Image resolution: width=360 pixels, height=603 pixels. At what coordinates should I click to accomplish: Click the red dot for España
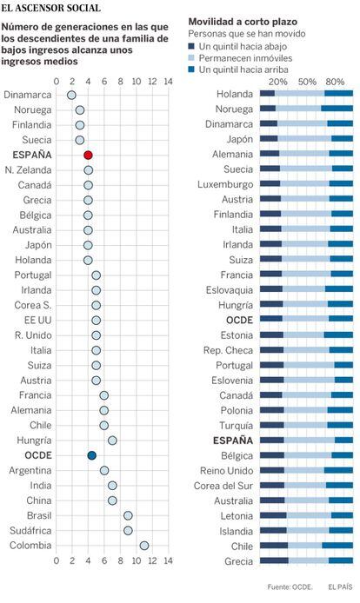[88, 155]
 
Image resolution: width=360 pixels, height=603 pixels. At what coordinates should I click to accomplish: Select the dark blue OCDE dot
[91, 455]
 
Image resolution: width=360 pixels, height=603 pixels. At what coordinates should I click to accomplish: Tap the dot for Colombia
[144, 546]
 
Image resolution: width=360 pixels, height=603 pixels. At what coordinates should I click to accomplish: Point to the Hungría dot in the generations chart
[112, 441]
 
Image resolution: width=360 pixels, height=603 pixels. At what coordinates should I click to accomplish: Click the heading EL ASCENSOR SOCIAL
[50, 8]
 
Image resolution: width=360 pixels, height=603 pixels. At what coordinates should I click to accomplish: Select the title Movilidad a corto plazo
[243, 22]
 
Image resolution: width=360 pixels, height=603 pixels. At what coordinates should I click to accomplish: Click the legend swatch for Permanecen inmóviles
[191, 58]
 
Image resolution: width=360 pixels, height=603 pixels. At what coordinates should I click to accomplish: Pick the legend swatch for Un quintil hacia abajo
[191, 47]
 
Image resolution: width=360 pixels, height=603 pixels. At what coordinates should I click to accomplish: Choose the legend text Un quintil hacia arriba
[243, 70]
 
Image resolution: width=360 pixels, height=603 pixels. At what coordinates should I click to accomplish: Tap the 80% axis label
[335, 82]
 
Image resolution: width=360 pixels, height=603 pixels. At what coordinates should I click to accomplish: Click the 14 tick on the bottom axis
[168, 560]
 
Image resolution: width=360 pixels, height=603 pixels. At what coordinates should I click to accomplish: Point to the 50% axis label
[307, 82]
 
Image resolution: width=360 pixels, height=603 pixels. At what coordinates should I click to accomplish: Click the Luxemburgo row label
[225, 184]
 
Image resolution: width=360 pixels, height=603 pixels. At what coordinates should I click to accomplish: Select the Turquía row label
[237, 426]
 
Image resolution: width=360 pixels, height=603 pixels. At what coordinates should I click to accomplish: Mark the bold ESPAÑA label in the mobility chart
[233, 441]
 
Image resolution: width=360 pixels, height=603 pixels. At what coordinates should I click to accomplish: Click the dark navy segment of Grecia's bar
[274, 560]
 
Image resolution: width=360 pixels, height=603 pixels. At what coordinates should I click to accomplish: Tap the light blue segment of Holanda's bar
[299, 94]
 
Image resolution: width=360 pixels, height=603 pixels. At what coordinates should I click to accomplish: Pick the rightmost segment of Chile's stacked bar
[337, 546]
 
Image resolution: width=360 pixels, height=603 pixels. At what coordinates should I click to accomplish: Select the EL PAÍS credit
[340, 587]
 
